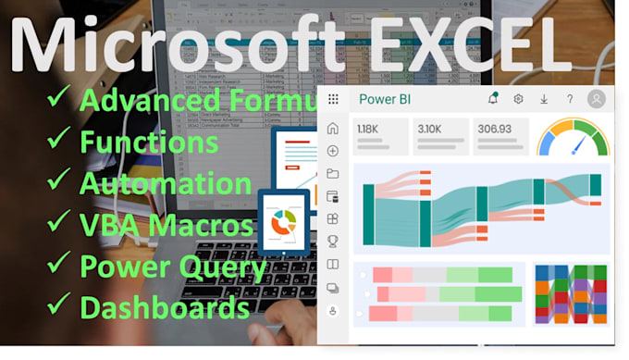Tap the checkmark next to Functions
coord(59,141)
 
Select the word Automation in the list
coord(166,182)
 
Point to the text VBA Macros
coord(167,224)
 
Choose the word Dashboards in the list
coord(165,306)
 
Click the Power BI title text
coord(383,99)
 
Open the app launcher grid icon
coord(333,99)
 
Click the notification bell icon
coord(492,99)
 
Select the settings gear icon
coord(518,99)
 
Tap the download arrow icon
coord(544,99)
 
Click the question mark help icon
coord(570,99)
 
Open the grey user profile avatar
coord(597,99)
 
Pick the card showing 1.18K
coord(379,135)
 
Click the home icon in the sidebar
coord(333,129)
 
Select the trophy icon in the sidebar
coord(333,242)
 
